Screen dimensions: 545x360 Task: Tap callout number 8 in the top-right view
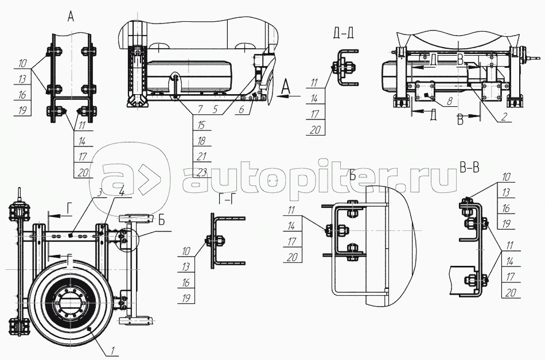(x=450, y=102)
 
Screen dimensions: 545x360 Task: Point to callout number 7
(x=200, y=109)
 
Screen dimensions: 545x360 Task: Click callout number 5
(x=215, y=109)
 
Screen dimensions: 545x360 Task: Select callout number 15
(x=201, y=125)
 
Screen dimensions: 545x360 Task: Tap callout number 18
(x=201, y=141)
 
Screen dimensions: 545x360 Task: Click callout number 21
(x=201, y=157)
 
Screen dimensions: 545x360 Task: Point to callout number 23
(x=202, y=172)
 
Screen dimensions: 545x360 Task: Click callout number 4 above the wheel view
(x=121, y=192)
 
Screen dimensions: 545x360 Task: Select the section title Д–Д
(x=342, y=33)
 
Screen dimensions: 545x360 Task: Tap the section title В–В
(x=469, y=168)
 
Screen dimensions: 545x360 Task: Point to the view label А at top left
(x=71, y=17)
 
